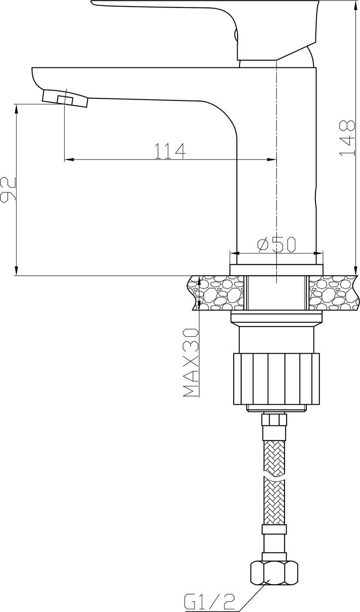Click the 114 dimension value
[170, 151]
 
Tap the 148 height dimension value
[347, 138]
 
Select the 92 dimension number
[8, 190]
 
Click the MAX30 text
[190, 362]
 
